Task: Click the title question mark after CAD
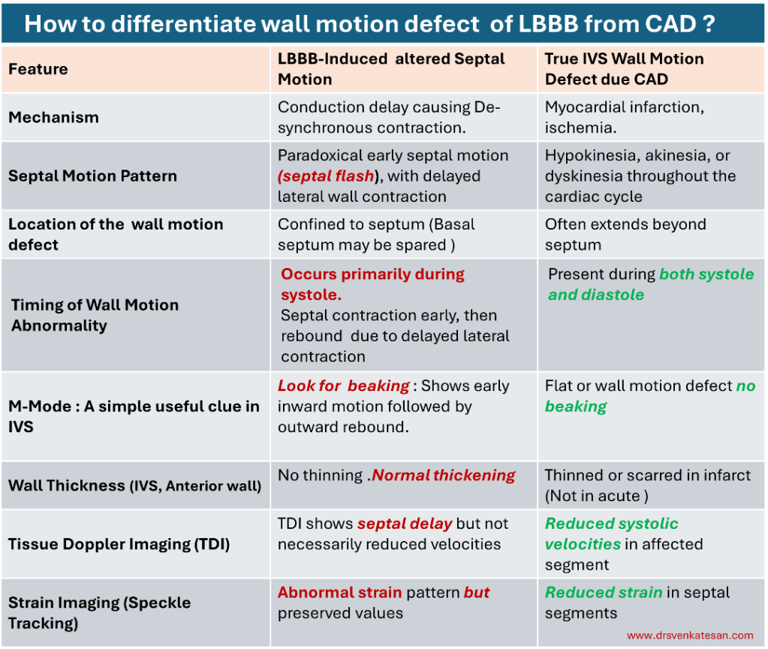(709, 23)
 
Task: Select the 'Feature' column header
(38, 69)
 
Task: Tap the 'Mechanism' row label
(54, 118)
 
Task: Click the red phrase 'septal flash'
(327, 176)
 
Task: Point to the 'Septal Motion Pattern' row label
(92, 176)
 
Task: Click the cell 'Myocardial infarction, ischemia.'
(625, 118)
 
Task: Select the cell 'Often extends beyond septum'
(625, 234)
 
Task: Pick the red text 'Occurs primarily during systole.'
(372, 284)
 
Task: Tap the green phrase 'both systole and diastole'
(651, 284)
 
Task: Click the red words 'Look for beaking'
(343, 386)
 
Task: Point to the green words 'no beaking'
(650, 396)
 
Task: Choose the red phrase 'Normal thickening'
(444, 475)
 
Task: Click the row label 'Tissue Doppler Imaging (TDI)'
(119, 544)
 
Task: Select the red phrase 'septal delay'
(405, 524)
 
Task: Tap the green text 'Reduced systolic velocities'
(612, 534)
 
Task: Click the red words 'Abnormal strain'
(340, 592)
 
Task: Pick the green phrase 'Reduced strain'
(604, 592)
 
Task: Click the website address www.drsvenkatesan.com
(690, 635)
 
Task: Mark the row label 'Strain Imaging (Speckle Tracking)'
(99, 613)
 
